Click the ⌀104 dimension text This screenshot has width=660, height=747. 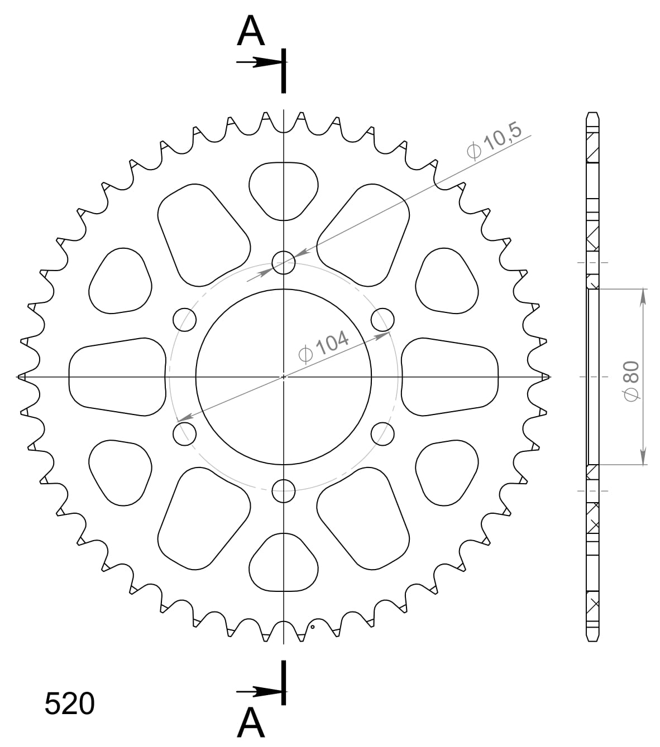tap(324, 347)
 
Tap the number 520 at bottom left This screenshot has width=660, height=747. tap(70, 704)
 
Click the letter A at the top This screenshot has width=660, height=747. tap(250, 32)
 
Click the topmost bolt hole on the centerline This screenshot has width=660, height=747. tap(284, 262)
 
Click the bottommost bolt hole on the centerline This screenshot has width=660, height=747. tap(284, 491)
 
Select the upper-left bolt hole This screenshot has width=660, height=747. tap(185, 320)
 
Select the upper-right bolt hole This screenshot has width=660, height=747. tap(382, 320)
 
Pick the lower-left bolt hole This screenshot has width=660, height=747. tap(185, 433)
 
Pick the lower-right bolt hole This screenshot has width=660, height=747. tap(382, 433)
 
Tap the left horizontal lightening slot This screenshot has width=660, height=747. tap(117, 377)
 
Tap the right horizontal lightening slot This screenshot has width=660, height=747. tap(449, 377)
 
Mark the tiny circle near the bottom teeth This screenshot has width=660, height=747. tap(313, 626)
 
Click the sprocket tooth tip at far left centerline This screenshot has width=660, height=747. tap(21, 377)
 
